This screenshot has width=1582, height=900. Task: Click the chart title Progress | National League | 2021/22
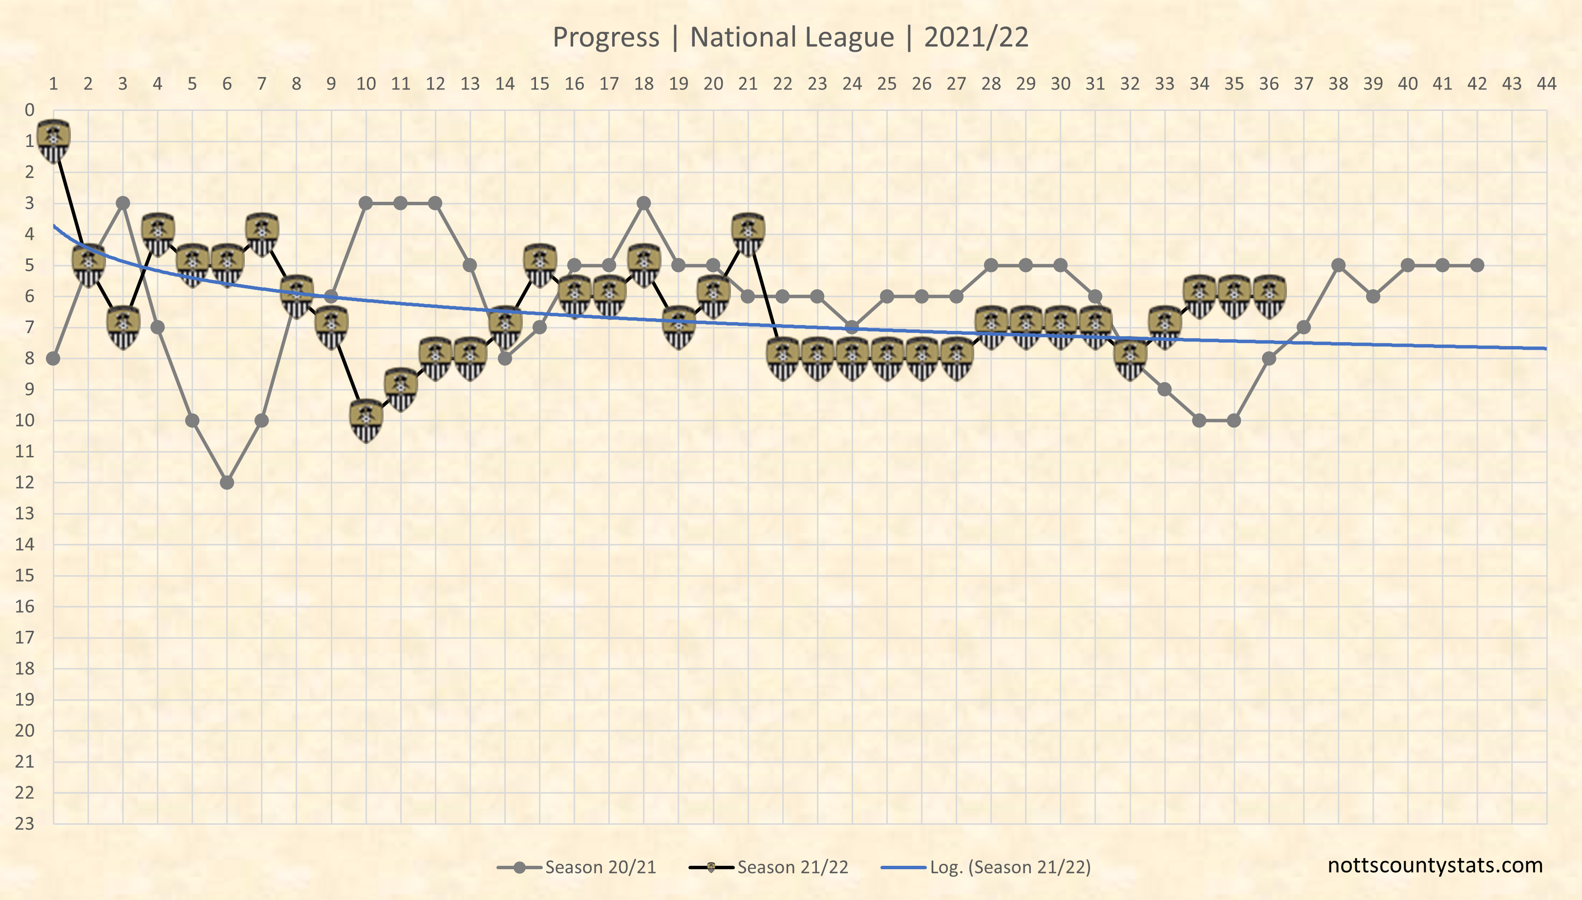(791, 37)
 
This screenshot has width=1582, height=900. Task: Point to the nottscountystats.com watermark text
(1435, 865)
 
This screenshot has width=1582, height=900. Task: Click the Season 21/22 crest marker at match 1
(54, 140)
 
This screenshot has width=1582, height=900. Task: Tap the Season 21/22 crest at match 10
(366, 420)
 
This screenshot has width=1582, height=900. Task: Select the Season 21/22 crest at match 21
(748, 234)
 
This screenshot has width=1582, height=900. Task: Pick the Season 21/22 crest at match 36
(1269, 296)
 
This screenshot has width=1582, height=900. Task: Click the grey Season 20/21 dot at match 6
(227, 482)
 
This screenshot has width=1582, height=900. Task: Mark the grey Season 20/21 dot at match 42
(1477, 265)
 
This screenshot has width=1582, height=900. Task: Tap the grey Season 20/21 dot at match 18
(644, 203)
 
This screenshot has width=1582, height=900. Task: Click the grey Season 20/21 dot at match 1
(54, 359)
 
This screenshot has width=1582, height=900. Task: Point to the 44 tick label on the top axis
(1546, 84)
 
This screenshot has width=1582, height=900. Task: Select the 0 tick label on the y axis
(29, 110)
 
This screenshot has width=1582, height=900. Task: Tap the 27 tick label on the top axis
(956, 84)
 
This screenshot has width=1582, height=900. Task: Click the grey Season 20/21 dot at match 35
(1234, 420)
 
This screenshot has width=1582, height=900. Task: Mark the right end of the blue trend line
(1545, 349)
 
